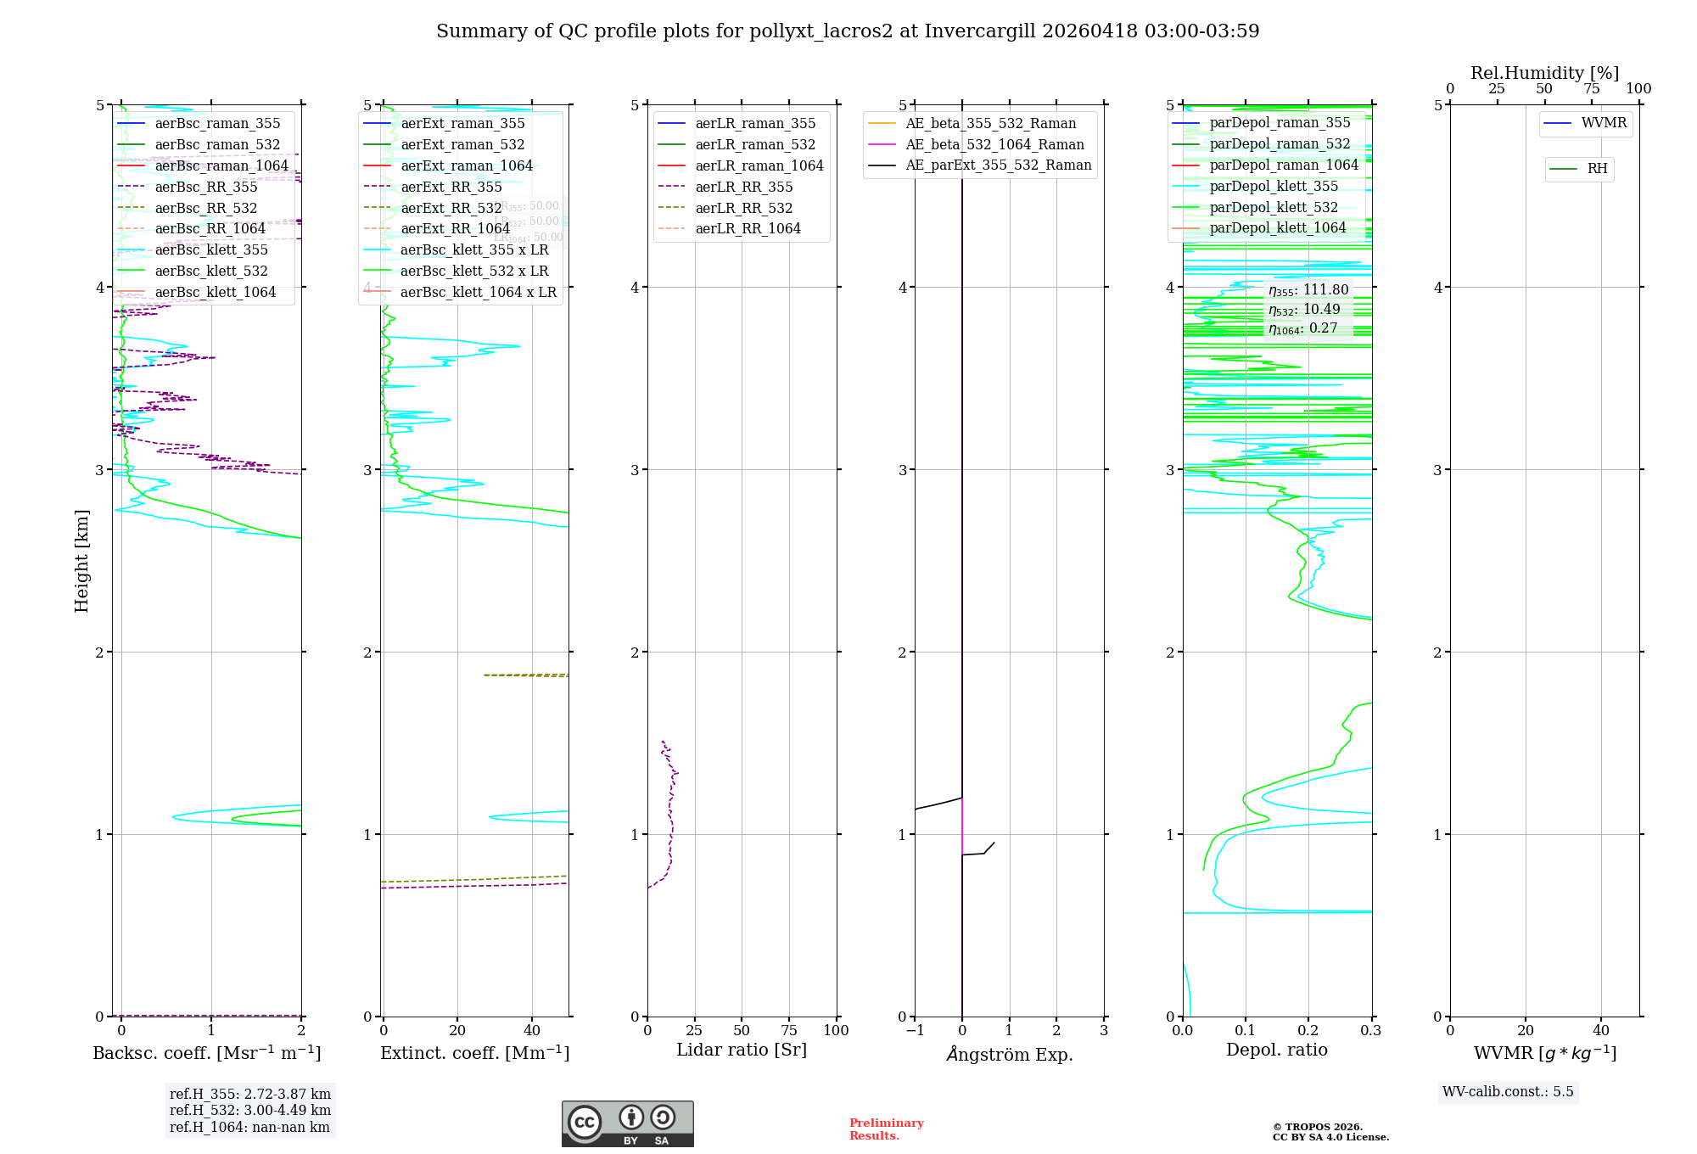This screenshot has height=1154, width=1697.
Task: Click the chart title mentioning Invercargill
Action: [x=848, y=31]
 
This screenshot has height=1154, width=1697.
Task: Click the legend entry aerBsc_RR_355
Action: [x=206, y=187]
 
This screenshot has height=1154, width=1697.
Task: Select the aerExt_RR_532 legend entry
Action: [x=451, y=208]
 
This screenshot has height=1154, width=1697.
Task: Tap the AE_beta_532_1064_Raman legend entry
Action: [x=994, y=144]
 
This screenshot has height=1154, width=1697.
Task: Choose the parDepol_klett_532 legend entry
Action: [x=1274, y=207]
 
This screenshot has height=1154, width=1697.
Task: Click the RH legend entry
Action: [x=1597, y=169]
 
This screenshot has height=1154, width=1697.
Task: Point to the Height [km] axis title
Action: [x=81, y=560]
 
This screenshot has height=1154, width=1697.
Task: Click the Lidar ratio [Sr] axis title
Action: [x=742, y=1050]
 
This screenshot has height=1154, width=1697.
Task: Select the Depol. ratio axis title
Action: [x=1277, y=1050]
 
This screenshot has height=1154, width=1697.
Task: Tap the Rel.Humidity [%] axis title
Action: [x=1544, y=73]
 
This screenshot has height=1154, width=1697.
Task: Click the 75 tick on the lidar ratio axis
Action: [x=789, y=1030]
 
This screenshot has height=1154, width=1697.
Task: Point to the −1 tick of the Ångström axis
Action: [x=915, y=1030]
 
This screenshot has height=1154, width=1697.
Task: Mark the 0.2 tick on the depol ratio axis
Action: [x=1308, y=1030]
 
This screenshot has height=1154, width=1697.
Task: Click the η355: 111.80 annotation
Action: [x=1308, y=290]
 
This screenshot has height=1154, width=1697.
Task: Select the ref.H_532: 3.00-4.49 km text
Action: [x=249, y=1110]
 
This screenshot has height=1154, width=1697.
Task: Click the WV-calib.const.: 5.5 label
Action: [x=1508, y=1091]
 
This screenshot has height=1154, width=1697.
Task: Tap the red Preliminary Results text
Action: [x=886, y=1129]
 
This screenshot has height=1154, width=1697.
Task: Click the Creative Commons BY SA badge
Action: [x=627, y=1123]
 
